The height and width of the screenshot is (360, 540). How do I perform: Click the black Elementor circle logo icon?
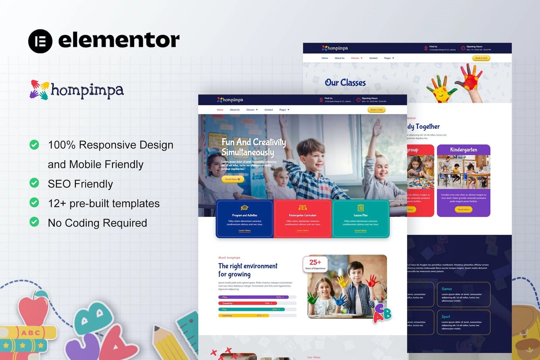[x=40, y=41]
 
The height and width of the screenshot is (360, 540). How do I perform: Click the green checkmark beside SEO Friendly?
[x=34, y=183]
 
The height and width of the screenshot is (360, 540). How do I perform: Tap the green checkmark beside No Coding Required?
[x=34, y=222]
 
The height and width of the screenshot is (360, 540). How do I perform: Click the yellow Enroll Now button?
[x=233, y=179]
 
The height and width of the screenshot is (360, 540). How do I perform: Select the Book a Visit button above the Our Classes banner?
[x=481, y=58]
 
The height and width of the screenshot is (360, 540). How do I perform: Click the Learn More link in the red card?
[x=302, y=230]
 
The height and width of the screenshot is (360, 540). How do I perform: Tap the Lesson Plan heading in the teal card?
[x=360, y=215]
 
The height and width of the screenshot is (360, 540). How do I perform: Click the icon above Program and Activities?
[x=244, y=207]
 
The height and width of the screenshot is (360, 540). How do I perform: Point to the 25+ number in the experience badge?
[x=315, y=262]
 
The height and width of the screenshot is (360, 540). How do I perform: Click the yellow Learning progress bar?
[x=243, y=316]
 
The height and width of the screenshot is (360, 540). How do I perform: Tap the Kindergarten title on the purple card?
[x=463, y=149]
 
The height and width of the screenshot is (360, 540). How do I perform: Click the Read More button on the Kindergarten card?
[x=463, y=210]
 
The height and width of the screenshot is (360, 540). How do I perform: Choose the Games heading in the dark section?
[x=447, y=289]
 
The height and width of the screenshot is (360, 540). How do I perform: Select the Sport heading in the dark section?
[x=446, y=316]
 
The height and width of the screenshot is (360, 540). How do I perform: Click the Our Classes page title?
[x=345, y=83]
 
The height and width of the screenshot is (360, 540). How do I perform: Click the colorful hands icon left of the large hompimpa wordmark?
[x=39, y=90]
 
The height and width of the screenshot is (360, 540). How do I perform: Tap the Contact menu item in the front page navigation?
[x=269, y=110]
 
